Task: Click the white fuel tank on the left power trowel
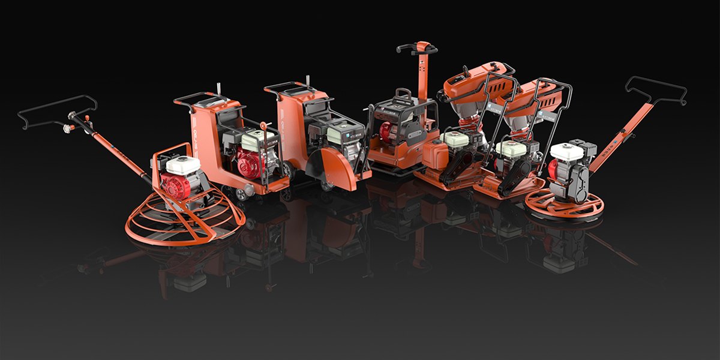(x=182, y=165)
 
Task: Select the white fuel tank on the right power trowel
(x=567, y=151)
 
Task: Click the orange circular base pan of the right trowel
(x=564, y=207)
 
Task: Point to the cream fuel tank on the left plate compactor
(x=454, y=139)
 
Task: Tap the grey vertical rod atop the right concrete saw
(x=308, y=81)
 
